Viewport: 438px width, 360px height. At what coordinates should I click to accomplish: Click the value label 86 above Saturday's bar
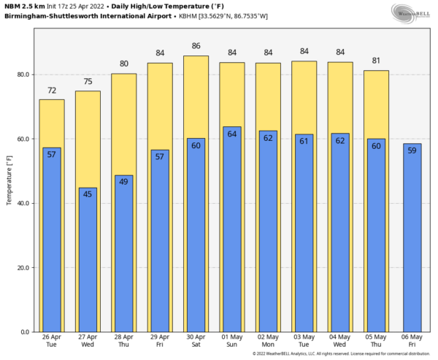point(196,46)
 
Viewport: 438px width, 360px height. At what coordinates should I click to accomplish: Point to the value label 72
point(52,90)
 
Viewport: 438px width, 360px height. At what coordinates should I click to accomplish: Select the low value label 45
point(88,194)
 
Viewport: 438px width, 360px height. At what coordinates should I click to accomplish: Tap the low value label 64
point(231,134)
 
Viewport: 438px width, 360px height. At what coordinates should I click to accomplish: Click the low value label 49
point(123,182)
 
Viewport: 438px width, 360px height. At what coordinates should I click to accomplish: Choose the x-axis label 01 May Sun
point(231,340)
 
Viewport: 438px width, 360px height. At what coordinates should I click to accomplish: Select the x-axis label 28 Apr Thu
point(123,340)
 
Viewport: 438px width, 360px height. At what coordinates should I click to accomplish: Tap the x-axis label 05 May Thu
point(376,340)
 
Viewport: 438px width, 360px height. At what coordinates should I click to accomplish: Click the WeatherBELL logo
point(410,12)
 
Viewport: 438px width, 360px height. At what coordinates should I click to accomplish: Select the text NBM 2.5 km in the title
point(23,5)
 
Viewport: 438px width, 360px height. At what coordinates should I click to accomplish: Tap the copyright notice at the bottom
point(342,354)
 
